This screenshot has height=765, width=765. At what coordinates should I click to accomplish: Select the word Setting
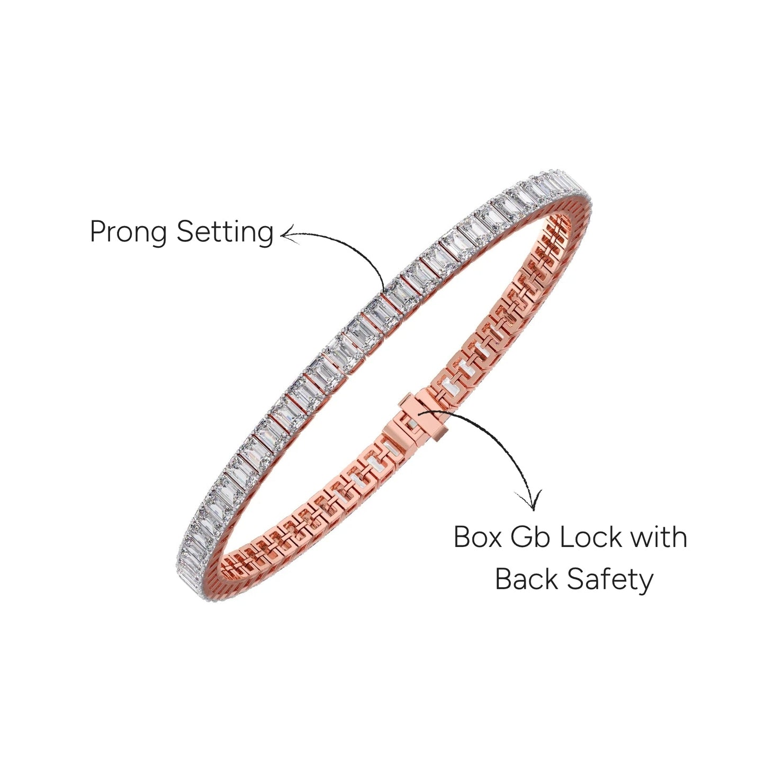pyautogui.click(x=225, y=232)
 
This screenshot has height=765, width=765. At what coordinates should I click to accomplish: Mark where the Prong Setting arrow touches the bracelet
pyautogui.click(x=385, y=292)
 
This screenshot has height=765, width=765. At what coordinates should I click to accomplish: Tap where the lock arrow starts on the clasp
pyautogui.click(x=418, y=413)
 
